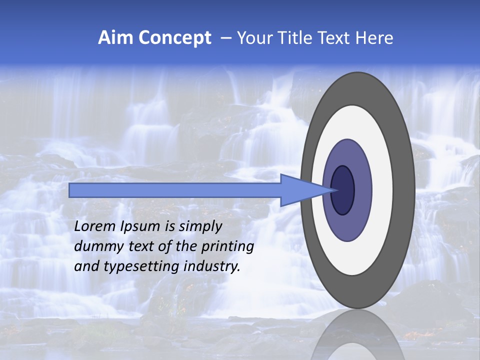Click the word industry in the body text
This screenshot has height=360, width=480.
click(x=212, y=266)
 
